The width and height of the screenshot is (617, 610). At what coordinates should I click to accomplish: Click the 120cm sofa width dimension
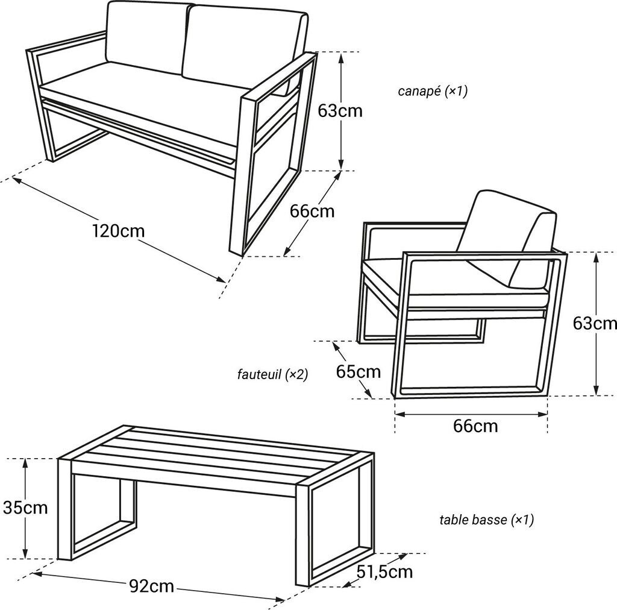119,231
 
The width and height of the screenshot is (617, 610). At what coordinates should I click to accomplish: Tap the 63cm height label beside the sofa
340,111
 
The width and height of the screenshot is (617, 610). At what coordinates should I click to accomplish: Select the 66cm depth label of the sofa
312,212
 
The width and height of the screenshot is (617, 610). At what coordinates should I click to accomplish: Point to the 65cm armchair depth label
358,371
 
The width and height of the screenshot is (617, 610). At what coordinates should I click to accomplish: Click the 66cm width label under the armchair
475,426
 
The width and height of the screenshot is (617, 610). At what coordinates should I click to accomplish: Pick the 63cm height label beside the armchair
595,324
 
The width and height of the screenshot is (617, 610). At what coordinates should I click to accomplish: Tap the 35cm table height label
25,508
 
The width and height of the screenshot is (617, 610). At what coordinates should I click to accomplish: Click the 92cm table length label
151,586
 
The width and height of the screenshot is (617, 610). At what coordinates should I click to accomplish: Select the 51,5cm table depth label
384,572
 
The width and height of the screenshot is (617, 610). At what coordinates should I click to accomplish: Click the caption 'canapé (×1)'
433,91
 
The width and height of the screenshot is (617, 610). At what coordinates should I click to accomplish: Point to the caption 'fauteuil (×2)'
272,374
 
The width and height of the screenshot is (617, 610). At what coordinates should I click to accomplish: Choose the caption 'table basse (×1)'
486,520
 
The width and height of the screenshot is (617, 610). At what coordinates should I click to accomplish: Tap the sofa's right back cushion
244,47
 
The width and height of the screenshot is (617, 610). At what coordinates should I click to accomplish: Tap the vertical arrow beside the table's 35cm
25,509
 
